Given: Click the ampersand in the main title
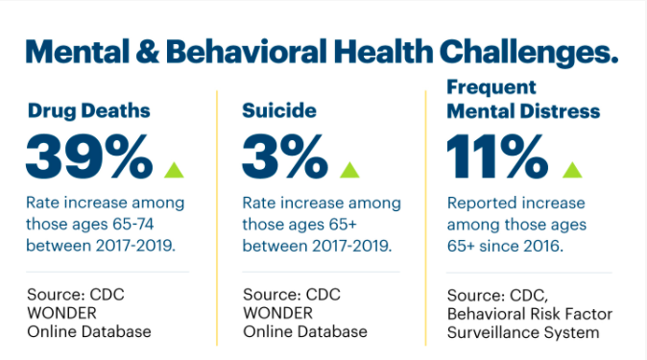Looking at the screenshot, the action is coord(147,52).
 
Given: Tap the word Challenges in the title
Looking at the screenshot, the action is coord(529,53).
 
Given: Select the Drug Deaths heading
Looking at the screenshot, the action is coord(88,110).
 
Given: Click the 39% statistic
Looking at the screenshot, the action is coord(88,156).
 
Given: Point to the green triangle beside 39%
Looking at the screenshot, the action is coord(174,170).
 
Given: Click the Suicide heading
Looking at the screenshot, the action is coord(279,110).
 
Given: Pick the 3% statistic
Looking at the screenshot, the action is coord(285,156).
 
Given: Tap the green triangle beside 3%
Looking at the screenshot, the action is coord(349,170).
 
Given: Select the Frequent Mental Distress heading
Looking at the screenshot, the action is coord(523,99).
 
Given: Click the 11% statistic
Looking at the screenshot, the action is coord(497,156).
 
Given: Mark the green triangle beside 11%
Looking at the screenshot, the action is coord(572,170).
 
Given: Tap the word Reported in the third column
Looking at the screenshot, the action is coord(482,204).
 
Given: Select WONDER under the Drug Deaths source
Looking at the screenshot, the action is coord(61,313).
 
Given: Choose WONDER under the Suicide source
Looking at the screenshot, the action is coord(277,313).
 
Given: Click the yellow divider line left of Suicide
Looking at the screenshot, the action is coord(217,218).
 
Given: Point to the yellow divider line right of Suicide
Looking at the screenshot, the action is coord(425,218).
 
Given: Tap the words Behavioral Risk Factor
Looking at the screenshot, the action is coord(530,314).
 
